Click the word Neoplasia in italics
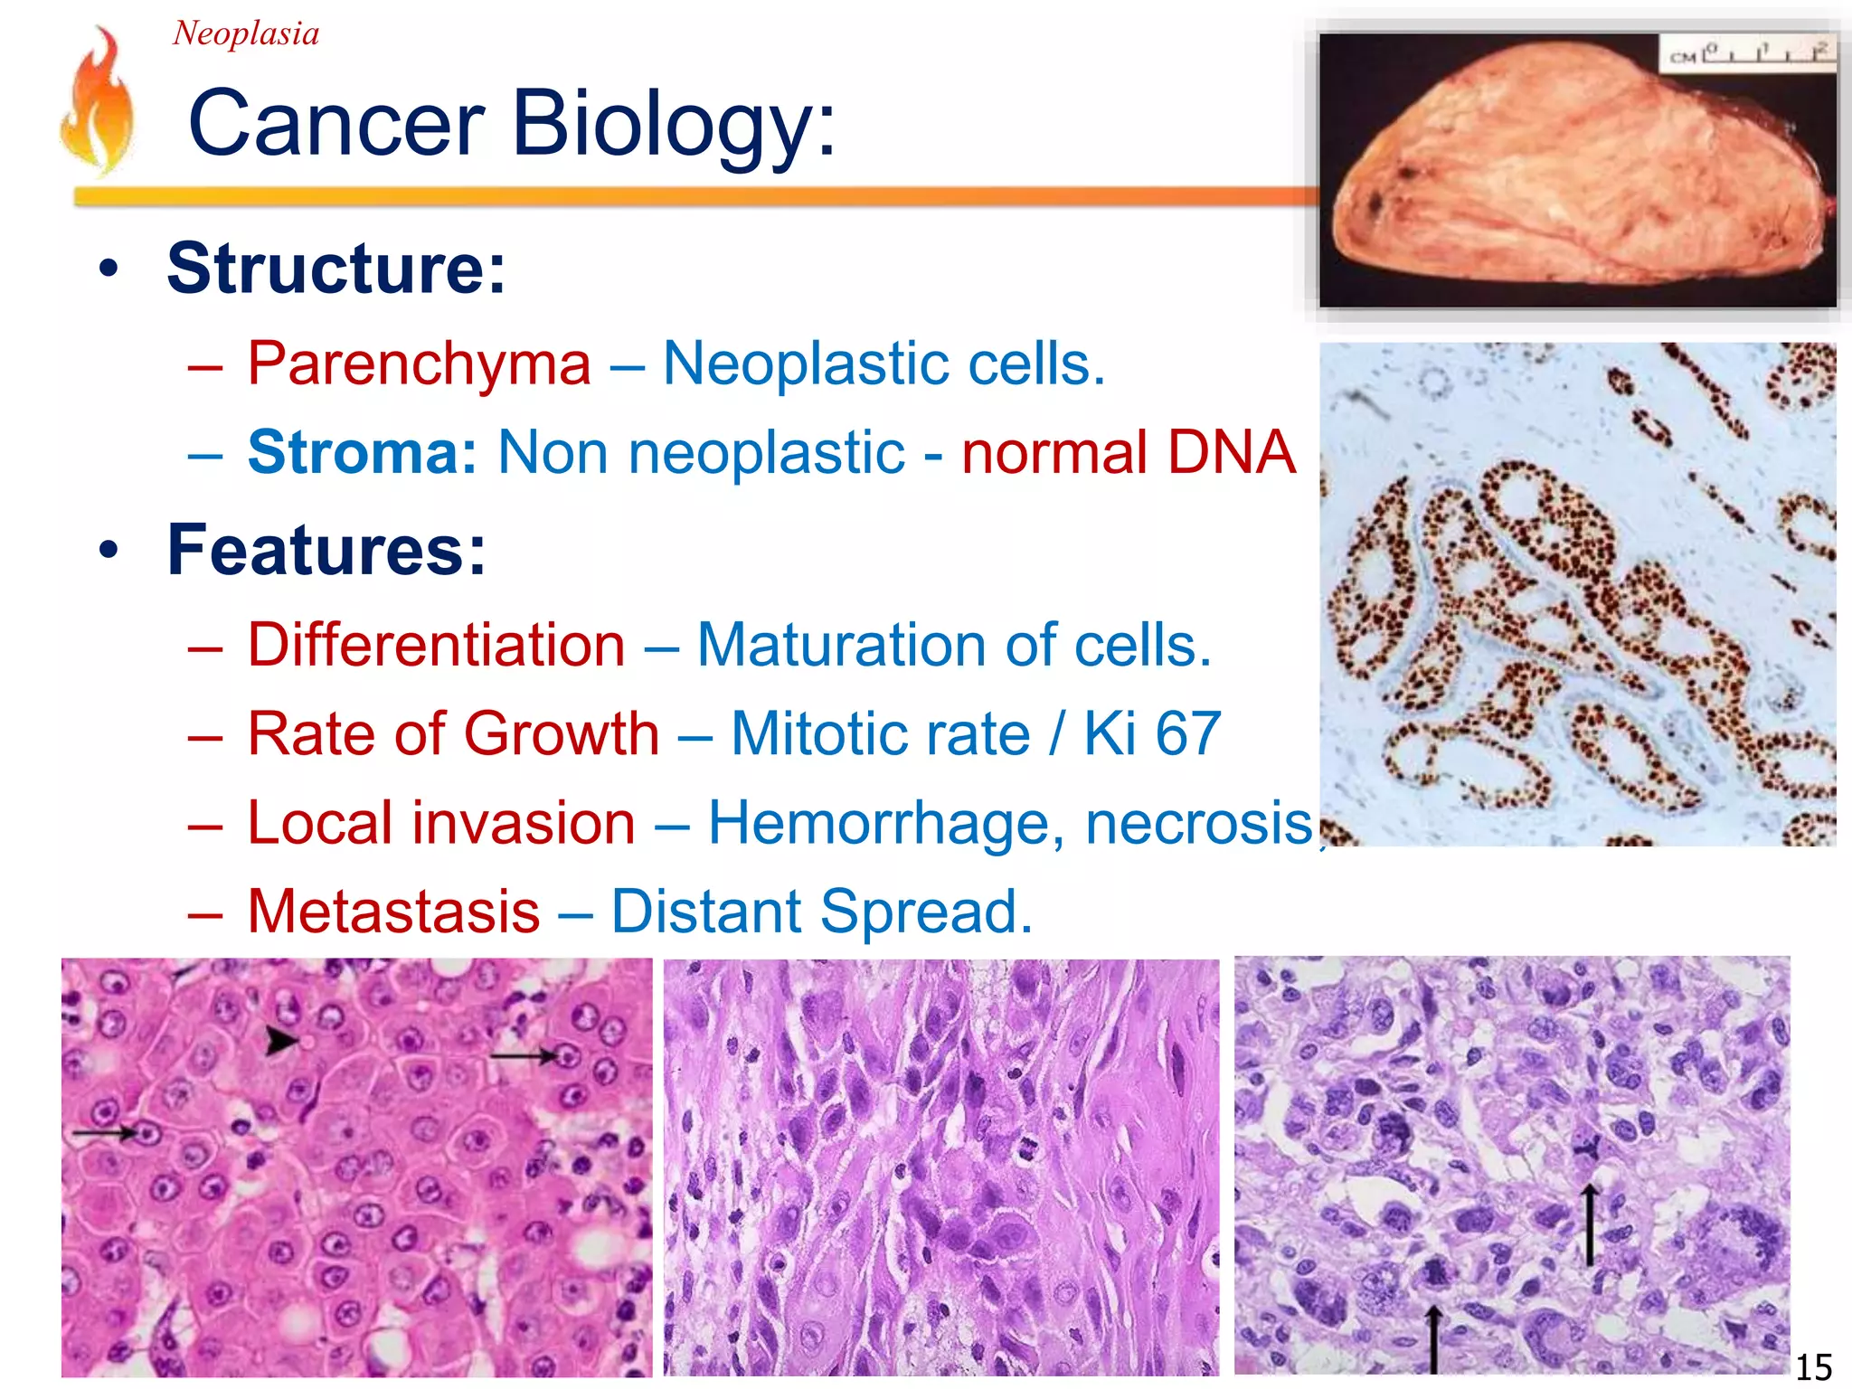245,33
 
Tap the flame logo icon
98,101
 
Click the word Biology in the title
674,124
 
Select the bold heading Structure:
336,269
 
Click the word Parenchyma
420,364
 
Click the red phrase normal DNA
1128,452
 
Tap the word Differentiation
437,646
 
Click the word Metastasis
393,912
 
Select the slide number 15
1813,1366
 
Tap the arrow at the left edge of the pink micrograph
104,1131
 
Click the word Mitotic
880,733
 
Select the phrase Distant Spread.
821,912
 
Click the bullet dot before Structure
109,269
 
